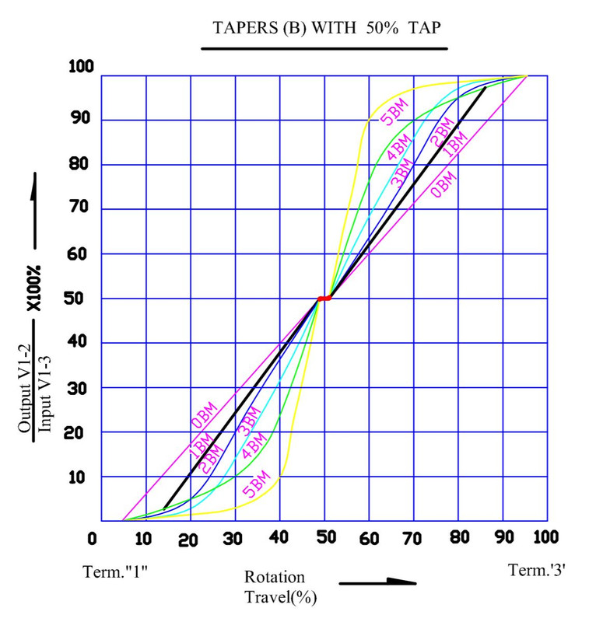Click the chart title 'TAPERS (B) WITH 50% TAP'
pyautogui.click(x=326, y=28)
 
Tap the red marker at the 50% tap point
pyautogui.click(x=324, y=299)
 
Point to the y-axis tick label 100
pyautogui.click(x=81, y=66)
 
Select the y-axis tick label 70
pyautogui.click(x=79, y=207)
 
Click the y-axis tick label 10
pyautogui.click(x=76, y=477)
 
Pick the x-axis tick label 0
pyautogui.click(x=92, y=539)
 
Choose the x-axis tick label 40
pyautogui.click(x=279, y=537)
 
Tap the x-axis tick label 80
pyautogui.click(x=460, y=537)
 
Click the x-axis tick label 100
pyautogui.click(x=546, y=537)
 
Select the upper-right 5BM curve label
pyautogui.click(x=394, y=111)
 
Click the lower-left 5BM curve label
pyautogui.click(x=257, y=484)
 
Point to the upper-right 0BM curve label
pyautogui.click(x=443, y=184)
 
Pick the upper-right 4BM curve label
pyautogui.click(x=398, y=147)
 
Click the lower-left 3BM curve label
pyautogui.click(x=249, y=421)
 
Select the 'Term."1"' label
pyautogui.click(x=115, y=572)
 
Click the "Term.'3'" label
pyautogui.click(x=537, y=570)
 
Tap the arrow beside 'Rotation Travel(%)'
pyautogui.click(x=377, y=582)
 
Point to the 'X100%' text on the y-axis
pyautogui.click(x=33, y=288)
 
